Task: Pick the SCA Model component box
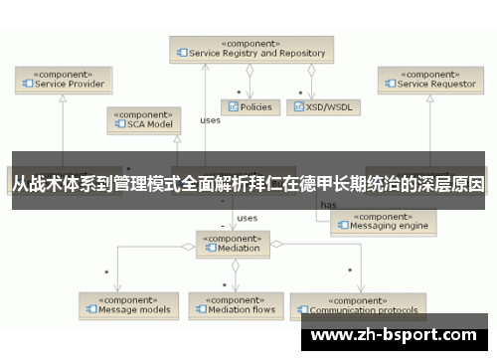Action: [x=145, y=120]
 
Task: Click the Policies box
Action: [x=249, y=106]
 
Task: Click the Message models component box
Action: [x=129, y=304]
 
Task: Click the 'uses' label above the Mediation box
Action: [x=248, y=217]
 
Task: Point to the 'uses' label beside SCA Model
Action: [x=210, y=120]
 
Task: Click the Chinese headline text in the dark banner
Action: [x=248, y=185]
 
